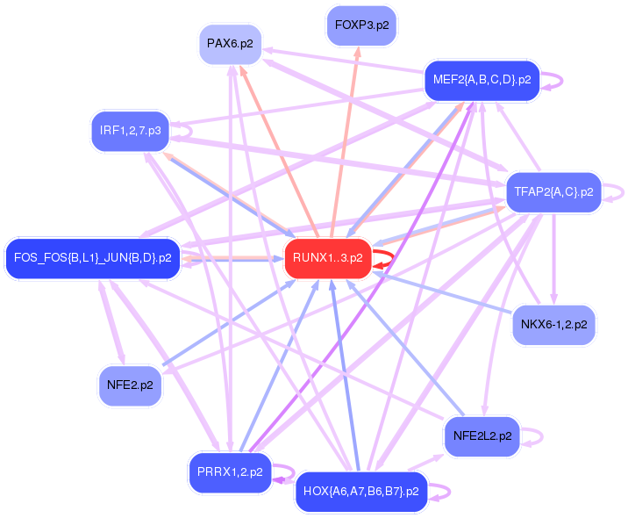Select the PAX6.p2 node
coord(231,43)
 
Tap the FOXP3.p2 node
coord(361,25)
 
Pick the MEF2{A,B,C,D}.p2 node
coord(481,80)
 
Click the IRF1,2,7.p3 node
coord(131,131)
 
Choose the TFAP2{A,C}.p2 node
coord(553,191)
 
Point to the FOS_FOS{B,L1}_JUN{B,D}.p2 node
coord(93,258)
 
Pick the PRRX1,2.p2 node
coord(229,472)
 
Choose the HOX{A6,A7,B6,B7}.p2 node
coord(360,491)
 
